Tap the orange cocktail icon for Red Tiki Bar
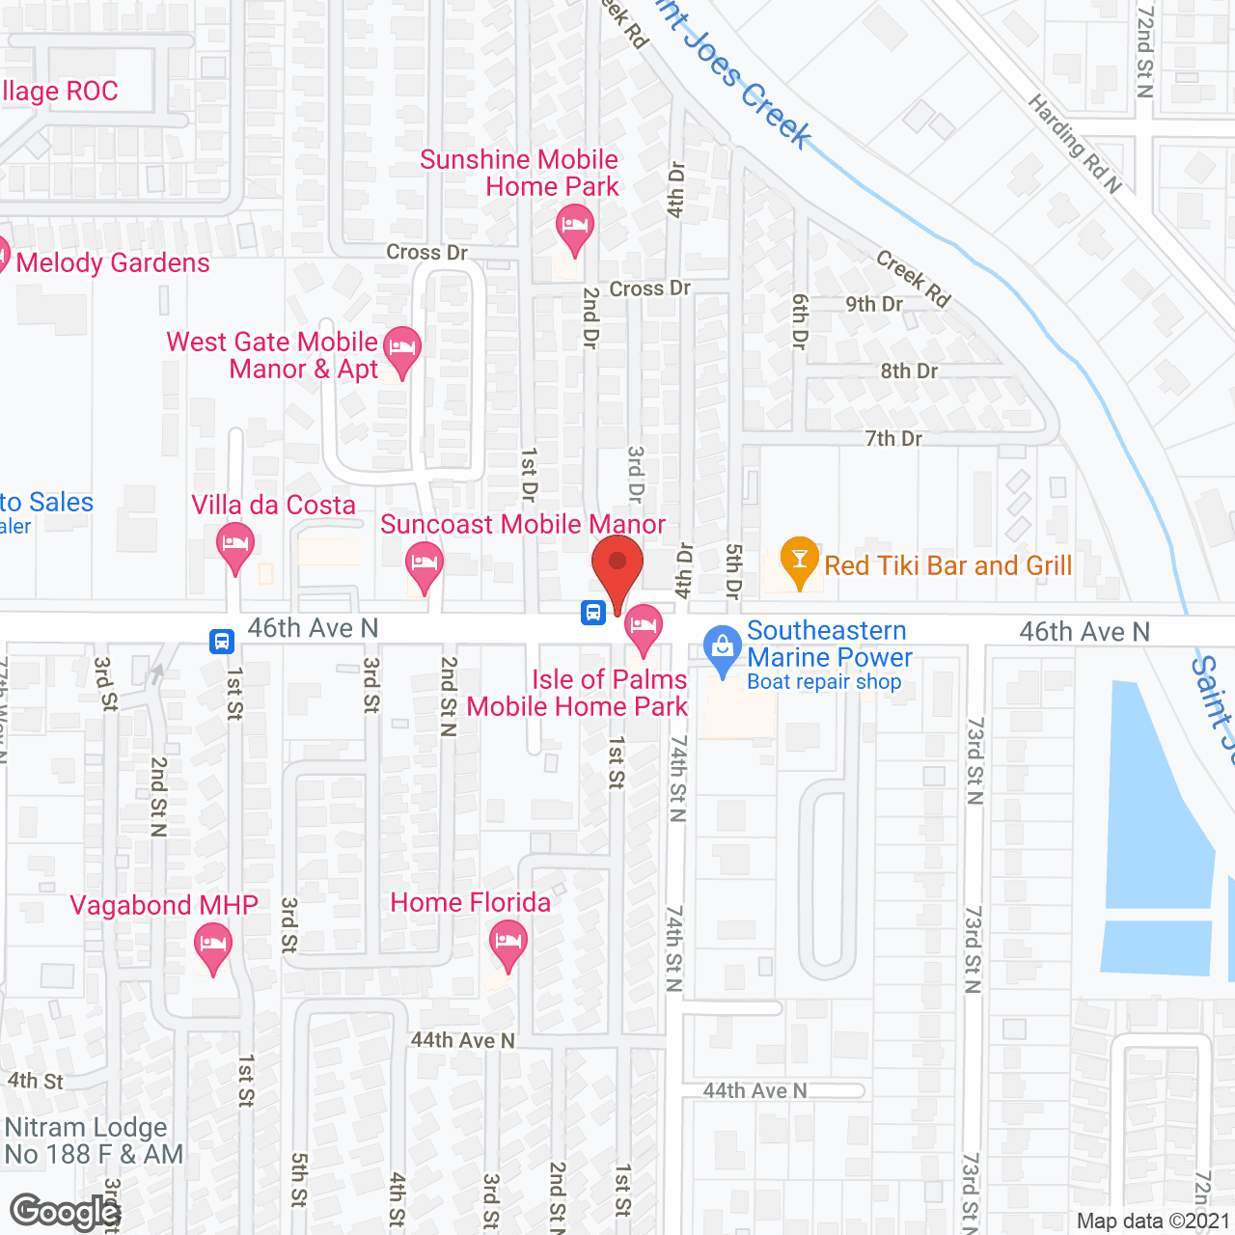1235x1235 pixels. coord(799,561)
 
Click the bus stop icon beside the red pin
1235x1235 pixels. coord(593,612)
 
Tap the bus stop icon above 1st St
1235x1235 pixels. coord(222,641)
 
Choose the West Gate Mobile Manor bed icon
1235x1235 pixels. coord(402,348)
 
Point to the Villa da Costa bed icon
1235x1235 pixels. coord(235,545)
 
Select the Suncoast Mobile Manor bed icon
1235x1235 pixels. coord(424,564)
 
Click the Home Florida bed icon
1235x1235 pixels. coord(508,943)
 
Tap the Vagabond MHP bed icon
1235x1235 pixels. coord(212,946)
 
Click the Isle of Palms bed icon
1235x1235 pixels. coord(643,627)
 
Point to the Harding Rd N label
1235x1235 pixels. coord(1074,143)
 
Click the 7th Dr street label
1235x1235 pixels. coord(893,439)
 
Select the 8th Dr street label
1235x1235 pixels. coord(909,371)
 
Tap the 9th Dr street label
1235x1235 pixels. coord(874,304)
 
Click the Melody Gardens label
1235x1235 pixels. coord(112,262)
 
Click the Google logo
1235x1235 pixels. coord(65,1212)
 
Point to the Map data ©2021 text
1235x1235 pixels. coord(1152,1221)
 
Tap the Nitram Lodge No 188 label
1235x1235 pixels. coord(93,1140)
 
